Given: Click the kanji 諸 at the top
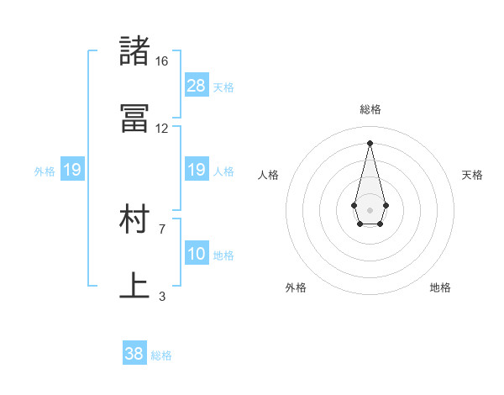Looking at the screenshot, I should tap(134, 50).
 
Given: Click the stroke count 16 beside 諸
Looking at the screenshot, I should tap(161, 61).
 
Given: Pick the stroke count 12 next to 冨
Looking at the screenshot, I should tap(161, 129).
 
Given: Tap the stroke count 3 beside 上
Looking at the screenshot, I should tap(161, 296).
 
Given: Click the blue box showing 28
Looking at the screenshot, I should tap(197, 86).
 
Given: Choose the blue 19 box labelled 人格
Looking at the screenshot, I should tap(197, 170).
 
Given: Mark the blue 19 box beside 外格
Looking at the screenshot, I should tap(72, 171).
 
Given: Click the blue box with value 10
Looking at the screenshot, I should tap(197, 254).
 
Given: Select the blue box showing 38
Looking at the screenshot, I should tap(134, 354).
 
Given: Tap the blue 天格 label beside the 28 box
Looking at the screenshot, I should tap(223, 87).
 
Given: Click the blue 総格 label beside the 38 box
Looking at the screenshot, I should tap(161, 355).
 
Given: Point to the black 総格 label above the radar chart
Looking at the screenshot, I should tap(370, 109).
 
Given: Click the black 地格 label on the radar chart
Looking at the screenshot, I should tap(440, 287).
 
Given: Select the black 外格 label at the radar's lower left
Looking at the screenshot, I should tap(296, 287).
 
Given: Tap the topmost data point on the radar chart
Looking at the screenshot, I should tap(370, 142).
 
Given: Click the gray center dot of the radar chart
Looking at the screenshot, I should tap(370, 208).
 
